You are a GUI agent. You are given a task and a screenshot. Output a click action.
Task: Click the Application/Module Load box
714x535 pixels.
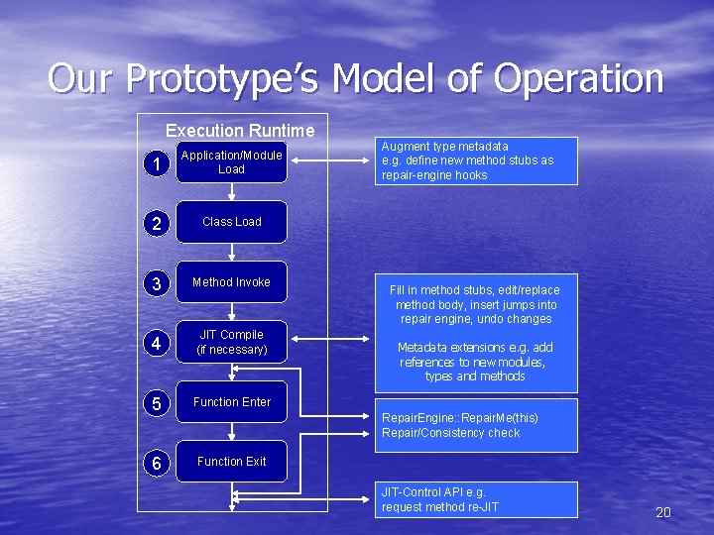coord(231,162)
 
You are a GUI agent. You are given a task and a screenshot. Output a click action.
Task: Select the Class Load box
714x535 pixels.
coord(231,222)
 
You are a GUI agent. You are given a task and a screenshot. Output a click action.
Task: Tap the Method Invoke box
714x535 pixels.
coord(231,282)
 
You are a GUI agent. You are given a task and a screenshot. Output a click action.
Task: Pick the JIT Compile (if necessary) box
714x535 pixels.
coord(231,342)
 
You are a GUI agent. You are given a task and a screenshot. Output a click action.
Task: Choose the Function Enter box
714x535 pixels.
coord(231,402)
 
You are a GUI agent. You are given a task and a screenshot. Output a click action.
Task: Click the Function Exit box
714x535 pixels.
coord(231,462)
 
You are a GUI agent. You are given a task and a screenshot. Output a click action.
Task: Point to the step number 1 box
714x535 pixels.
coord(155,163)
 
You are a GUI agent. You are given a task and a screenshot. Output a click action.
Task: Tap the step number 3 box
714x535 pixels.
coord(155,284)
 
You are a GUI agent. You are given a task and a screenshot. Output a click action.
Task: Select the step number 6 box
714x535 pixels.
coord(155,463)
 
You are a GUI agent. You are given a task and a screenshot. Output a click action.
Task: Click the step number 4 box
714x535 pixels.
coord(155,344)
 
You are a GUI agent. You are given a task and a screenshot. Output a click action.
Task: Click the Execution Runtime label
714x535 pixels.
coord(240,131)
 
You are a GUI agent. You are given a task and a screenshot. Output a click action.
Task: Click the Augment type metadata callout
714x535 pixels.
coord(475,160)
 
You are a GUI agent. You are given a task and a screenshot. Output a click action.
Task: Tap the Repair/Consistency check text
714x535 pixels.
coord(450,433)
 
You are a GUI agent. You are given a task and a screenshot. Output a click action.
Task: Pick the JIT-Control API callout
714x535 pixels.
coord(475,499)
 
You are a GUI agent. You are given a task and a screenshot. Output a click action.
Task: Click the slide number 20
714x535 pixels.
coord(663,512)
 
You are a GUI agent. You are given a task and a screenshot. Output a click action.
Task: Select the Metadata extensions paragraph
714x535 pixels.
coord(475,362)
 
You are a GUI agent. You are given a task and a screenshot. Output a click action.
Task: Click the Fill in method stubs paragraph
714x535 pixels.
coord(475,304)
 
